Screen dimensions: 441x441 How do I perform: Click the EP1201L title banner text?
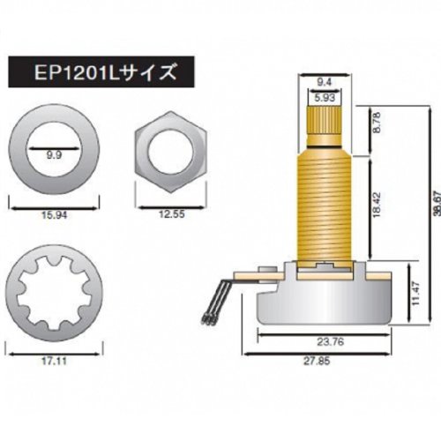pos(106,72)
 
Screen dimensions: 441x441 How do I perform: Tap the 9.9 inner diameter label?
pos(54,155)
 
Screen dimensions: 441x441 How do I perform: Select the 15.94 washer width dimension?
pos(54,215)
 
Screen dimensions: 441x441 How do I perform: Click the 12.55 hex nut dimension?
pos(172,214)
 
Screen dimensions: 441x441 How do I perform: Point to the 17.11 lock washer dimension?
pos(54,362)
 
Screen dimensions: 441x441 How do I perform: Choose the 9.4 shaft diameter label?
pos(325,82)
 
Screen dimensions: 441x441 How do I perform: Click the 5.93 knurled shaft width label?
pos(325,98)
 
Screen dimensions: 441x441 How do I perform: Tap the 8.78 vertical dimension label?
pos(377,123)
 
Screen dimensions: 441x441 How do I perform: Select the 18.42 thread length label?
pos(377,205)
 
